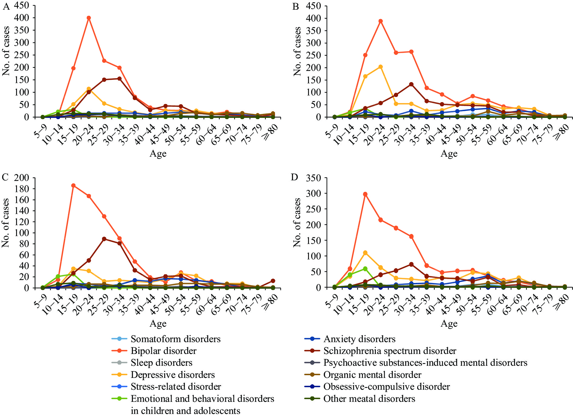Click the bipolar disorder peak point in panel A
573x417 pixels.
89,18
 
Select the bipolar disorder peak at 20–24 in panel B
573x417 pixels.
380,21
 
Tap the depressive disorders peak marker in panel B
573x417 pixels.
380,67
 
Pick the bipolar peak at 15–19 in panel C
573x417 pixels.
73,185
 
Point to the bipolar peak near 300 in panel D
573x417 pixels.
365,194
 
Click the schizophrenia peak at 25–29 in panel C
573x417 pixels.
104,239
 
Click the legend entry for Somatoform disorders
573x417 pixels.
175,339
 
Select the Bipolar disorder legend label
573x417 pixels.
163,351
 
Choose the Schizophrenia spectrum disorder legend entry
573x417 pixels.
390,351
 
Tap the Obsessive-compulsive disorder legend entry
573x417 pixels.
387,386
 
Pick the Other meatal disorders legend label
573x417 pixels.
369,399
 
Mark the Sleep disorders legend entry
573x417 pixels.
161,362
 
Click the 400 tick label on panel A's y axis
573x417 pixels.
22,18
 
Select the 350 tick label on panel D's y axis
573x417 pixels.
313,178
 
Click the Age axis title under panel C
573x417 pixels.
158,324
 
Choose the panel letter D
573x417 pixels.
294,177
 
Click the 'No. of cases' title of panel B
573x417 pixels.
297,52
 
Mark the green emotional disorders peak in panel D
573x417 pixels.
365,269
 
